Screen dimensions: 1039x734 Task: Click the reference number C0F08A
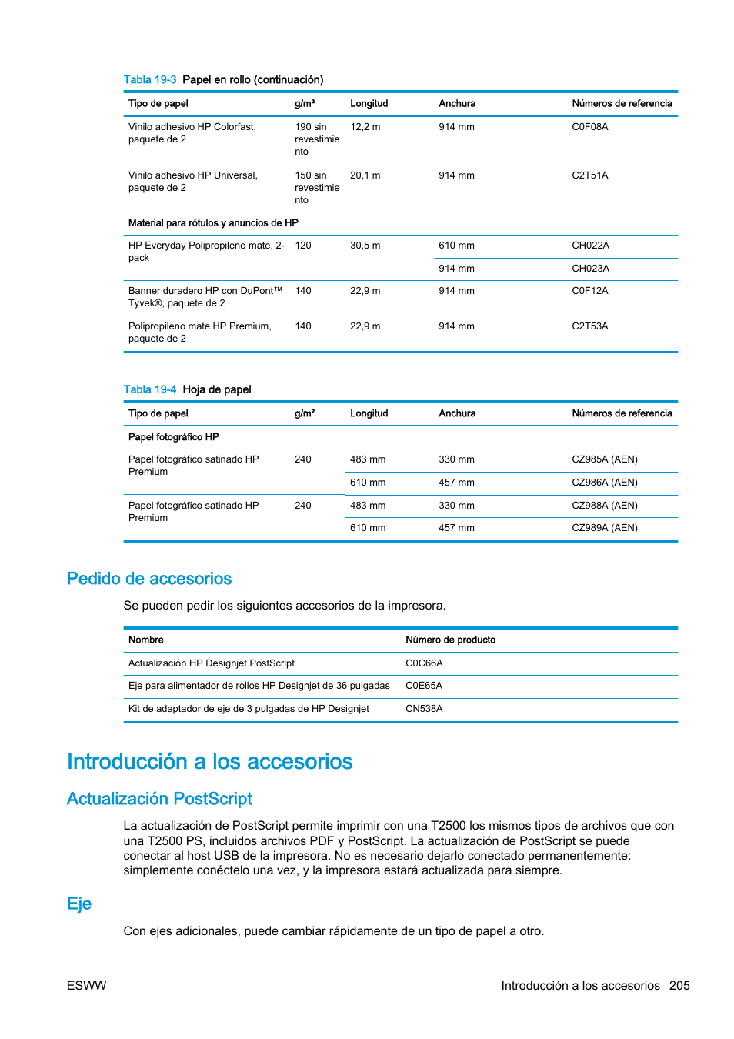click(589, 127)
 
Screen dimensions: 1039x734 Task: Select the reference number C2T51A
click(589, 175)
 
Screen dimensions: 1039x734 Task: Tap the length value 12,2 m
click(365, 127)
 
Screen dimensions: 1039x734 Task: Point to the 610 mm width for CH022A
click(456, 246)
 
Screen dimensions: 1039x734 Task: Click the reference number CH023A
click(590, 269)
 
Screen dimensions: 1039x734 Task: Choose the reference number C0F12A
click(589, 291)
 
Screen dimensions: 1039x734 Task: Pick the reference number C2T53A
click(589, 326)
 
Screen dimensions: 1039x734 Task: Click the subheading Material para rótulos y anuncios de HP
click(213, 223)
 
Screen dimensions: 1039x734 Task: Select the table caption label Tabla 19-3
click(149, 80)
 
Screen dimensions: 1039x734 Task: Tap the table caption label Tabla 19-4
click(149, 390)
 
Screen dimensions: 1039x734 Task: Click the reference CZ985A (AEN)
click(604, 459)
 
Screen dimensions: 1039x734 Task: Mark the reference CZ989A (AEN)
click(604, 528)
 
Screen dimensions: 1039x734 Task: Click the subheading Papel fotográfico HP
click(173, 437)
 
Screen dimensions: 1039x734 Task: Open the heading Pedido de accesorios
click(149, 579)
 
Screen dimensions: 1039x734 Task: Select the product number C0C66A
click(424, 663)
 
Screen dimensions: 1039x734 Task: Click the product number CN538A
click(424, 709)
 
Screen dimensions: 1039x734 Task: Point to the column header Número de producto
click(450, 640)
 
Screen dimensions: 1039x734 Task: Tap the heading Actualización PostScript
click(159, 799)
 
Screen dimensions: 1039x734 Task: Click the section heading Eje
click(79, 904)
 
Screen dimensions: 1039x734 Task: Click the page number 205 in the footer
click(679, 986)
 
